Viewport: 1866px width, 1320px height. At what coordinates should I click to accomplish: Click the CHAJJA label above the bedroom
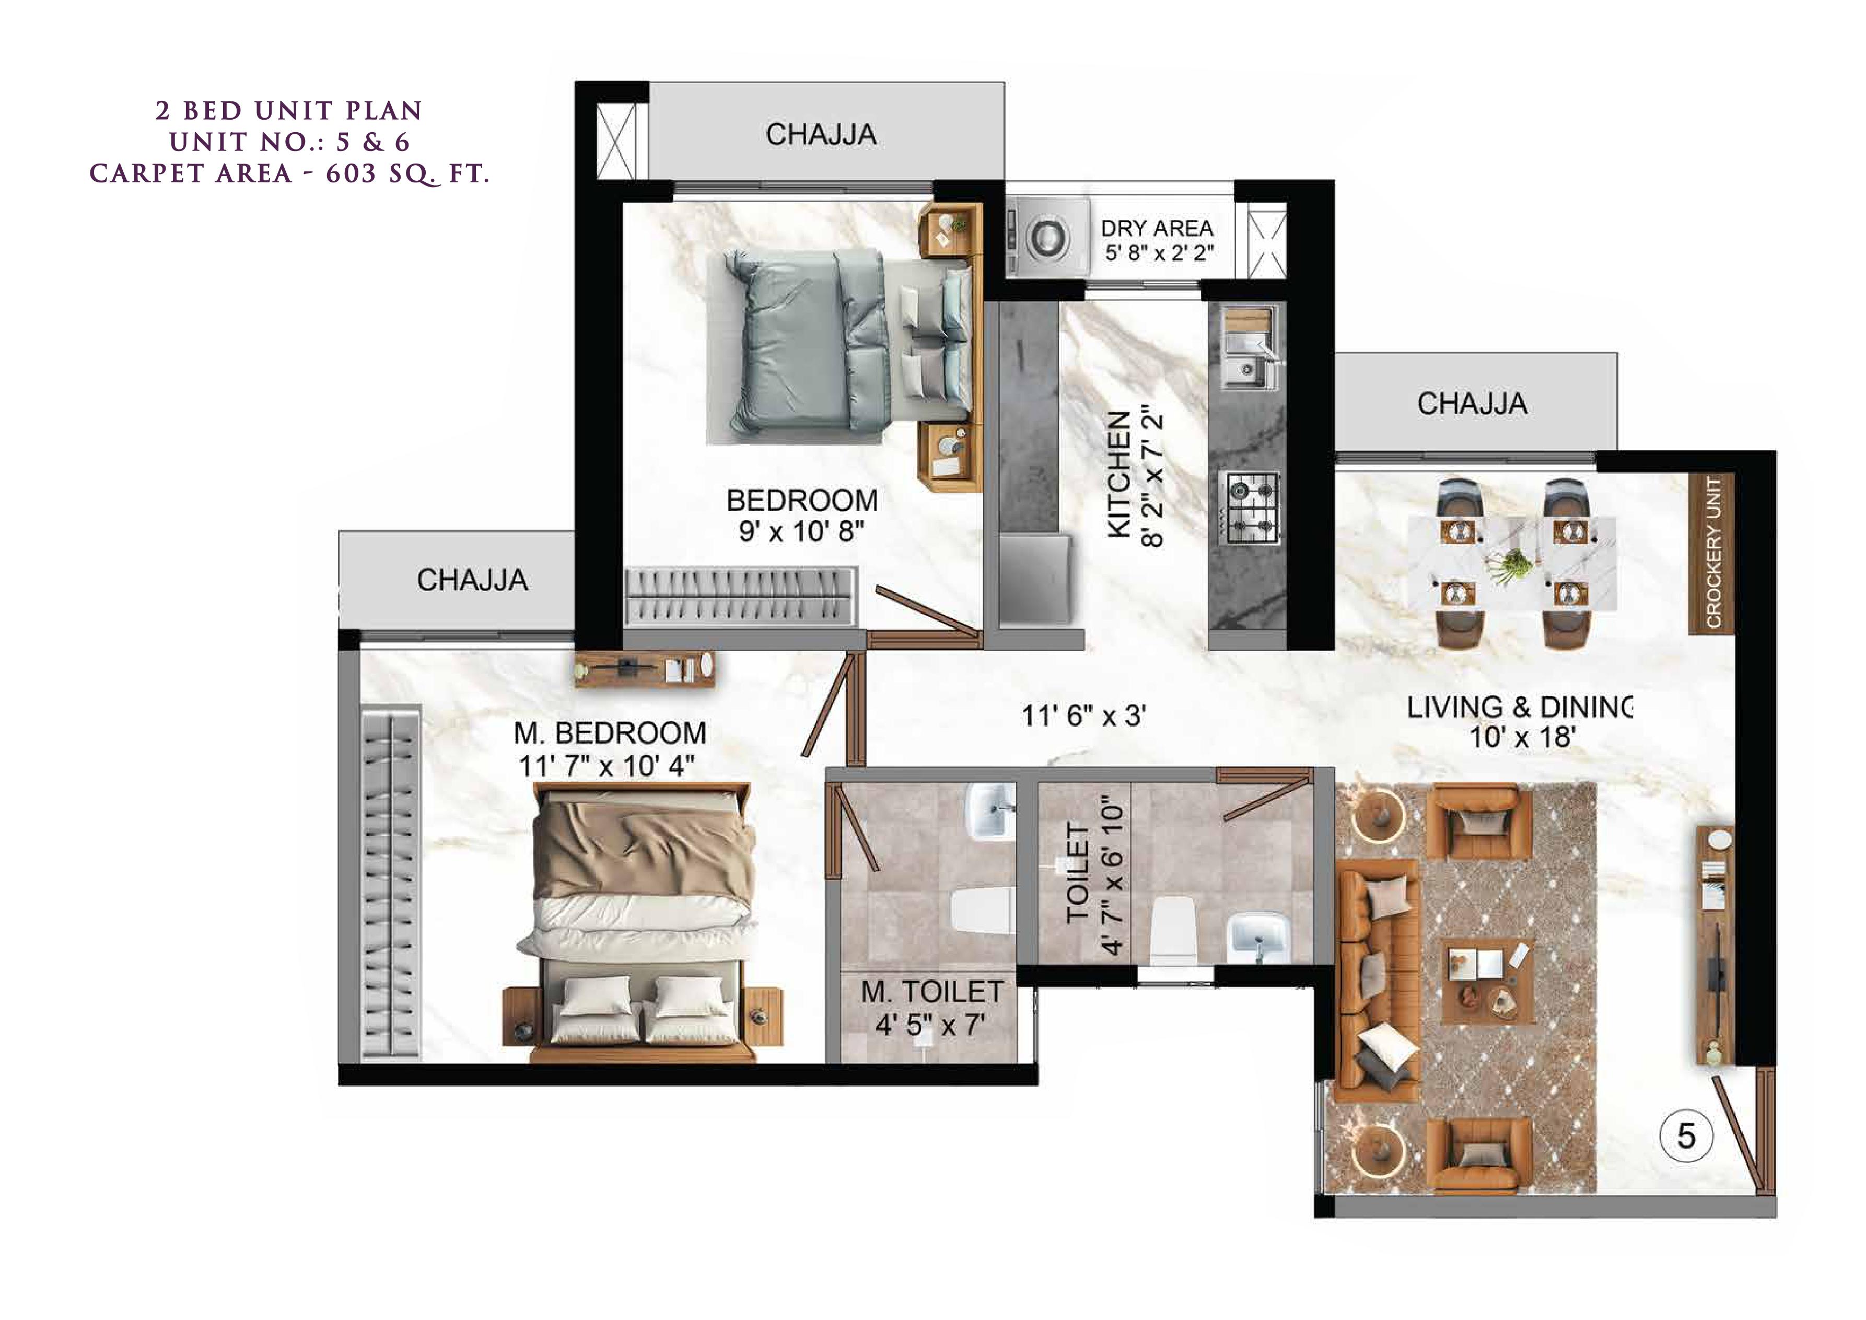(821, 135)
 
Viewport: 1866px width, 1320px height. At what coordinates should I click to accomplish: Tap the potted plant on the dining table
(1512, 562)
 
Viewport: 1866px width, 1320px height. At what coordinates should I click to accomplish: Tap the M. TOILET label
(931, 992)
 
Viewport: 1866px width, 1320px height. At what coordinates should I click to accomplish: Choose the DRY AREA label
(1157, 228)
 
